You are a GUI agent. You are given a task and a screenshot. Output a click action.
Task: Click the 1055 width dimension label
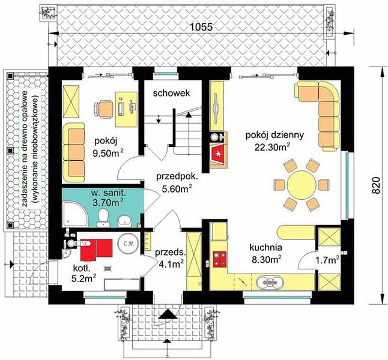[202, 27]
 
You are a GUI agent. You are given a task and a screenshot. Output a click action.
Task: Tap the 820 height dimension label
[375, 185]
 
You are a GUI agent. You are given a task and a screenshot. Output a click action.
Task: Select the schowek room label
[172, 93]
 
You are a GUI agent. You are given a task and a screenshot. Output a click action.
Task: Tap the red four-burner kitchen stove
[220, 259]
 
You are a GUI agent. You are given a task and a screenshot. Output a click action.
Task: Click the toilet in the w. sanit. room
[103, 217]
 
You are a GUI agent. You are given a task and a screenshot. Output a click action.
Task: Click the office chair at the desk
[103, 109]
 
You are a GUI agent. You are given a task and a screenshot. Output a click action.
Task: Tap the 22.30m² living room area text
[272, 147]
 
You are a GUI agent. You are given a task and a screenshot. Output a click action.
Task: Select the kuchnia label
[265, 247]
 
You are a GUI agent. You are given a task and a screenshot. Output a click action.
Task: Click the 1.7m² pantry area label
[327, 260]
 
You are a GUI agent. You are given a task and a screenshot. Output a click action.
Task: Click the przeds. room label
[170, 253]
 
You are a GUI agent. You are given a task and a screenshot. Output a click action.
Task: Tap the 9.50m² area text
[108, 153]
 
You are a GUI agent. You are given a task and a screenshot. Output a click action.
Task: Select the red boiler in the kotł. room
[97, 249]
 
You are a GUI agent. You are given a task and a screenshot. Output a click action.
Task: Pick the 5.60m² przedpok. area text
[177, 188]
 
